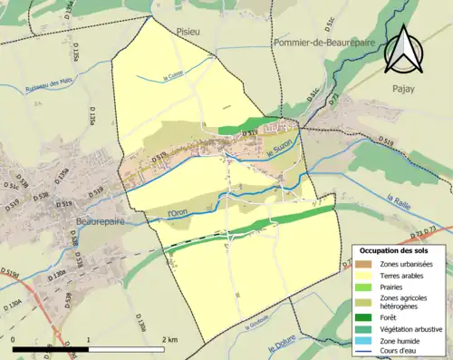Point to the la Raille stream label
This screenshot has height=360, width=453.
tap(398, 201)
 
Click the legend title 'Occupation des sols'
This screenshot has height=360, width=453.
tap(394, 250)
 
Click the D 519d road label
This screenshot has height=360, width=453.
tap(10, 271)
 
